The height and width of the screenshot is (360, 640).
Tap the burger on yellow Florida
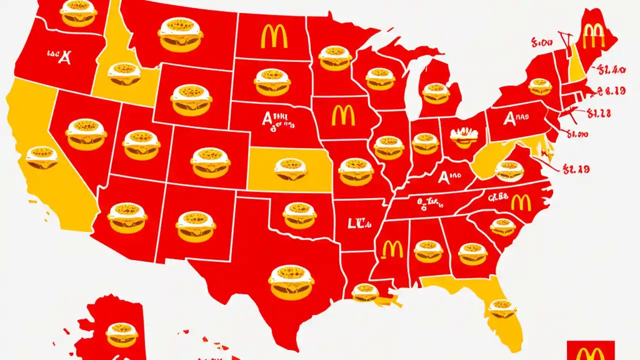tap(502, 307)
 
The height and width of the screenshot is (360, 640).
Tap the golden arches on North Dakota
tap(273, 36)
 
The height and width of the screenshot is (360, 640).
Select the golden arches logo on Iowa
tap(343, 115)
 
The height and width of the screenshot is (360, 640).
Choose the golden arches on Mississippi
tap(392, 248)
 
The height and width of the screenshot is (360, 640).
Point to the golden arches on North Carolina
tap(521, 202)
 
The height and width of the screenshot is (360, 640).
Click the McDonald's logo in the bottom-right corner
tap(590, 351)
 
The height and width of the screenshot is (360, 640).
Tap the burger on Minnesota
tap(334, 58)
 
